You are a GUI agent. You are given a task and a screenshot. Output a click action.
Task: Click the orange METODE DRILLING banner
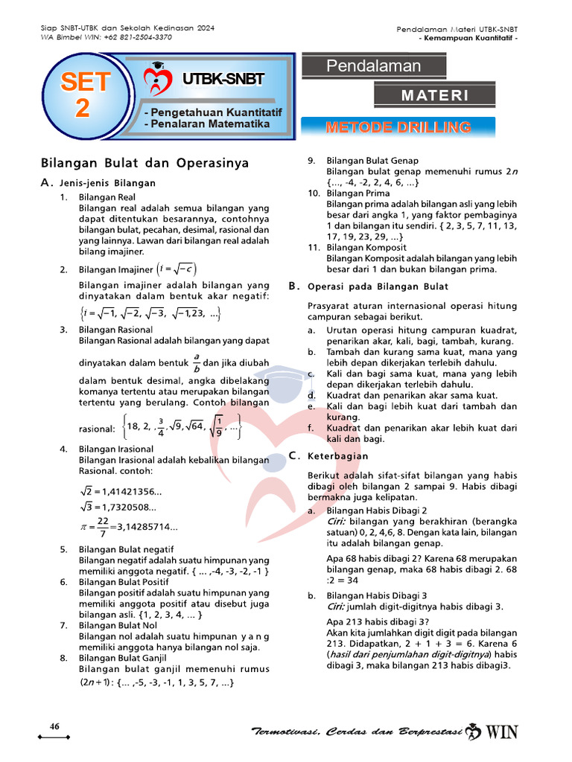398,127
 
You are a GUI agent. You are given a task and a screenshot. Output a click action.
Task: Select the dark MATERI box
435,95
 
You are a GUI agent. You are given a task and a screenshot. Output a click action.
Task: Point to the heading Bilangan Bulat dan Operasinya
144,163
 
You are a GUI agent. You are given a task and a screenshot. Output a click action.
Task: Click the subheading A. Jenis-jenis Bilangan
98,183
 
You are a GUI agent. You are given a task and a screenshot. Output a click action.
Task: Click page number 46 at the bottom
54,726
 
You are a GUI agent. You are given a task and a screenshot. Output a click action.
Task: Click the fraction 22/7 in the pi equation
102,527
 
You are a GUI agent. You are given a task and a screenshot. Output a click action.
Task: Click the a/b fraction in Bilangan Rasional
197,362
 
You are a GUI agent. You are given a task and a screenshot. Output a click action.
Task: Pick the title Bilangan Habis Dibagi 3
376,596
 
